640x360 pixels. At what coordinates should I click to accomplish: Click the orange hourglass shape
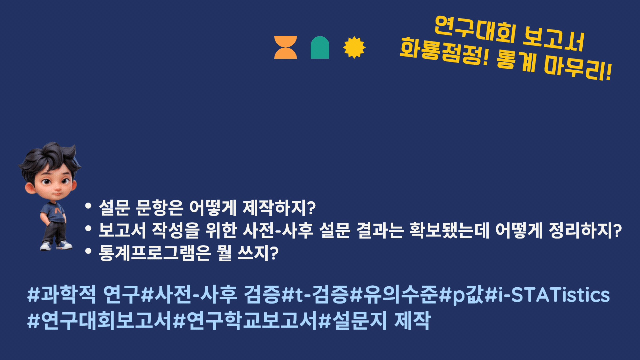coord(285,47)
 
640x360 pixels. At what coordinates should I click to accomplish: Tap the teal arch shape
coord(320,47)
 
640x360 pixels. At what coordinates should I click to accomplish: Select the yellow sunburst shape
coord(354,47)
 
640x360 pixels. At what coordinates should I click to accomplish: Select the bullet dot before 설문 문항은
coord(88,206)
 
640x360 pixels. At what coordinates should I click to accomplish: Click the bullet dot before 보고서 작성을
coord(88,229)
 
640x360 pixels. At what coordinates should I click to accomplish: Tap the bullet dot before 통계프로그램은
coord(88,251)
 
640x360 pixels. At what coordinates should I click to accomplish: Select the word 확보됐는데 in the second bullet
coord(449,230)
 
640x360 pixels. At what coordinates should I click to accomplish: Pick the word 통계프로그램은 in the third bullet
coord(155,253)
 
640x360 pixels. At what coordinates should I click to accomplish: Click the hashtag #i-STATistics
coord(547,295)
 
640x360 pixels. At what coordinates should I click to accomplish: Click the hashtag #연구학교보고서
coord(245,321)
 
